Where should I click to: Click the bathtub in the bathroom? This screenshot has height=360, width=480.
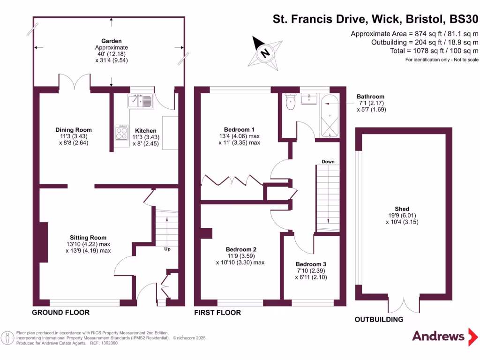point(330,116)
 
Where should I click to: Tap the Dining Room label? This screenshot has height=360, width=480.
point(74,130)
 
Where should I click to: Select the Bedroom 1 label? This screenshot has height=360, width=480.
point(239,130)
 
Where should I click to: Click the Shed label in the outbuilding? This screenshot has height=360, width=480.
point(402,209)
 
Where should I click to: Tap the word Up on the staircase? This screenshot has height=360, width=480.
point(167,249)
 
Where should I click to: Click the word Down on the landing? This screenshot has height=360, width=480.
point(328,162)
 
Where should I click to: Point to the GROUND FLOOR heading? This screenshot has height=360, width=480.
point(60,313)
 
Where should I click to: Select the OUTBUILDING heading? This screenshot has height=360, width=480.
point(379,320)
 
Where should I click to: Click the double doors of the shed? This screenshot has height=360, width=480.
point(403,305)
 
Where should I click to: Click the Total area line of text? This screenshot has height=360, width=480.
point(434,51)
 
